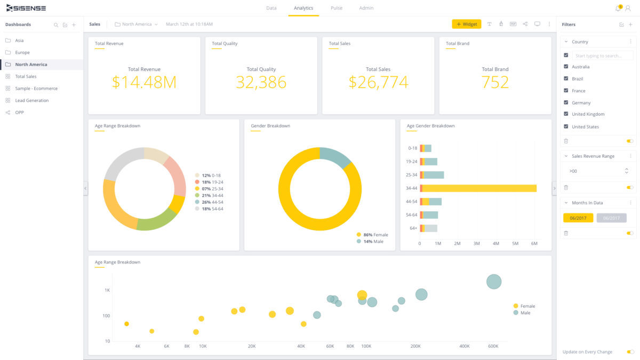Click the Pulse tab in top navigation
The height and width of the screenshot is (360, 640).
click(x=336, y=8)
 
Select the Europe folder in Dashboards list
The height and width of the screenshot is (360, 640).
click(x=22, y=52)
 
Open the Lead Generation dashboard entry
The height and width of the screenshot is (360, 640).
click(x=31, y=100)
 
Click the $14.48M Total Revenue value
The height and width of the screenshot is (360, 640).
click(x=144, y=82)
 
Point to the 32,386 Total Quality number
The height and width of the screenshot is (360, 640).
click(x=261, y=82)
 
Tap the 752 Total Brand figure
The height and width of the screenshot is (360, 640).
click(x=495, y=82)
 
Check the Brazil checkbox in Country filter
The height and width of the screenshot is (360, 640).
click(x=566, y=78)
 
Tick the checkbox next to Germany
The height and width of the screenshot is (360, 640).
click(x=566, y=102)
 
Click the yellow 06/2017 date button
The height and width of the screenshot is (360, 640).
click(x=578, y=218)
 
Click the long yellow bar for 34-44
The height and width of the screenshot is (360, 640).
click(x=479, y=188)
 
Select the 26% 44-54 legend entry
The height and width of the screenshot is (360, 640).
click(x=212, y=202)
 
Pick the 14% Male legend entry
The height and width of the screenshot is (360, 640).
click(x=373, y=242)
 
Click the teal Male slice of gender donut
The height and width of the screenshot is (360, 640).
click(x=335, y=157)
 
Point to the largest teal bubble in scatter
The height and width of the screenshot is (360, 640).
click(x=494, y=282)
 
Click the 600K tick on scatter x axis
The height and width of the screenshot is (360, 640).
click(x=493, y=346)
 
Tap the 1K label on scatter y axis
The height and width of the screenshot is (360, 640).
click(x=107, y=291)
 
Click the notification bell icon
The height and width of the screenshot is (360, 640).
click(x=618, y=8)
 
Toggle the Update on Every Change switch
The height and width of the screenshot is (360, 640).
click(x=630, y=352)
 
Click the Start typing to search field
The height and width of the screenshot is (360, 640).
click(x=603, y=55)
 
